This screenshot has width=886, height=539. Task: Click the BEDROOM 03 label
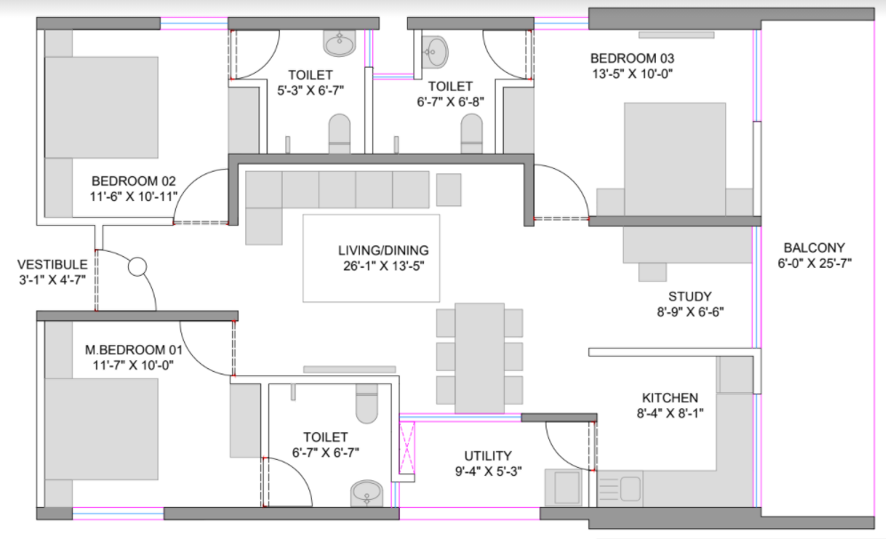click(x=632, y=58)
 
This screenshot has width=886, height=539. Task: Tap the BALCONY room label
click(x=814, y=248)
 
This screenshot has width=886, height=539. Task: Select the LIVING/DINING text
click(x=384, y=250)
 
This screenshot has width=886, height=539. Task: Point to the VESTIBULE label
click(x=52, y=264)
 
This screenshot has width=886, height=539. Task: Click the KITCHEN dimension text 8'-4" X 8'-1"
click(x=670, y=414)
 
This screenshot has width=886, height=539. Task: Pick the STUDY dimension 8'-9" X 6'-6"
click(x=690, y=311)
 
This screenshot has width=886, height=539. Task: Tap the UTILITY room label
click(x=488, y=456)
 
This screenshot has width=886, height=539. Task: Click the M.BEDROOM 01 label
click(x=133, y=350)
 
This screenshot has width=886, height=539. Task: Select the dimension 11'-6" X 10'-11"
click(x=133, y=197)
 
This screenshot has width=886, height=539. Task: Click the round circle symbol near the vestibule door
click(x=138, y=267)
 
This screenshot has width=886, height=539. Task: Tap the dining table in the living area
click(x=480, y=358)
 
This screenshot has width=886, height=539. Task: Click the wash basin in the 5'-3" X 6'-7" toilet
click(x=339, y=43)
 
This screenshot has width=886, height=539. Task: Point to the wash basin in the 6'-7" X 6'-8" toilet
click(x=435, y=52)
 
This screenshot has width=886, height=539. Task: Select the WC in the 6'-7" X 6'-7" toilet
click(x=367, y=403)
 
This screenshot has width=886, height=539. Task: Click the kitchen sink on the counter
click(x=630, y=487)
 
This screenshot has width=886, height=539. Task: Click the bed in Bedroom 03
click(x=674, y=159)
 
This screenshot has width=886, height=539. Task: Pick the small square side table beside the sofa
click(x=449, y=189)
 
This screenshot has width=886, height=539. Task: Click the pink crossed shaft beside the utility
click(x=407, y=448)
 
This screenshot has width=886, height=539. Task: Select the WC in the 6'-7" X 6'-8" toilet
click(x=472, y=133)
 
